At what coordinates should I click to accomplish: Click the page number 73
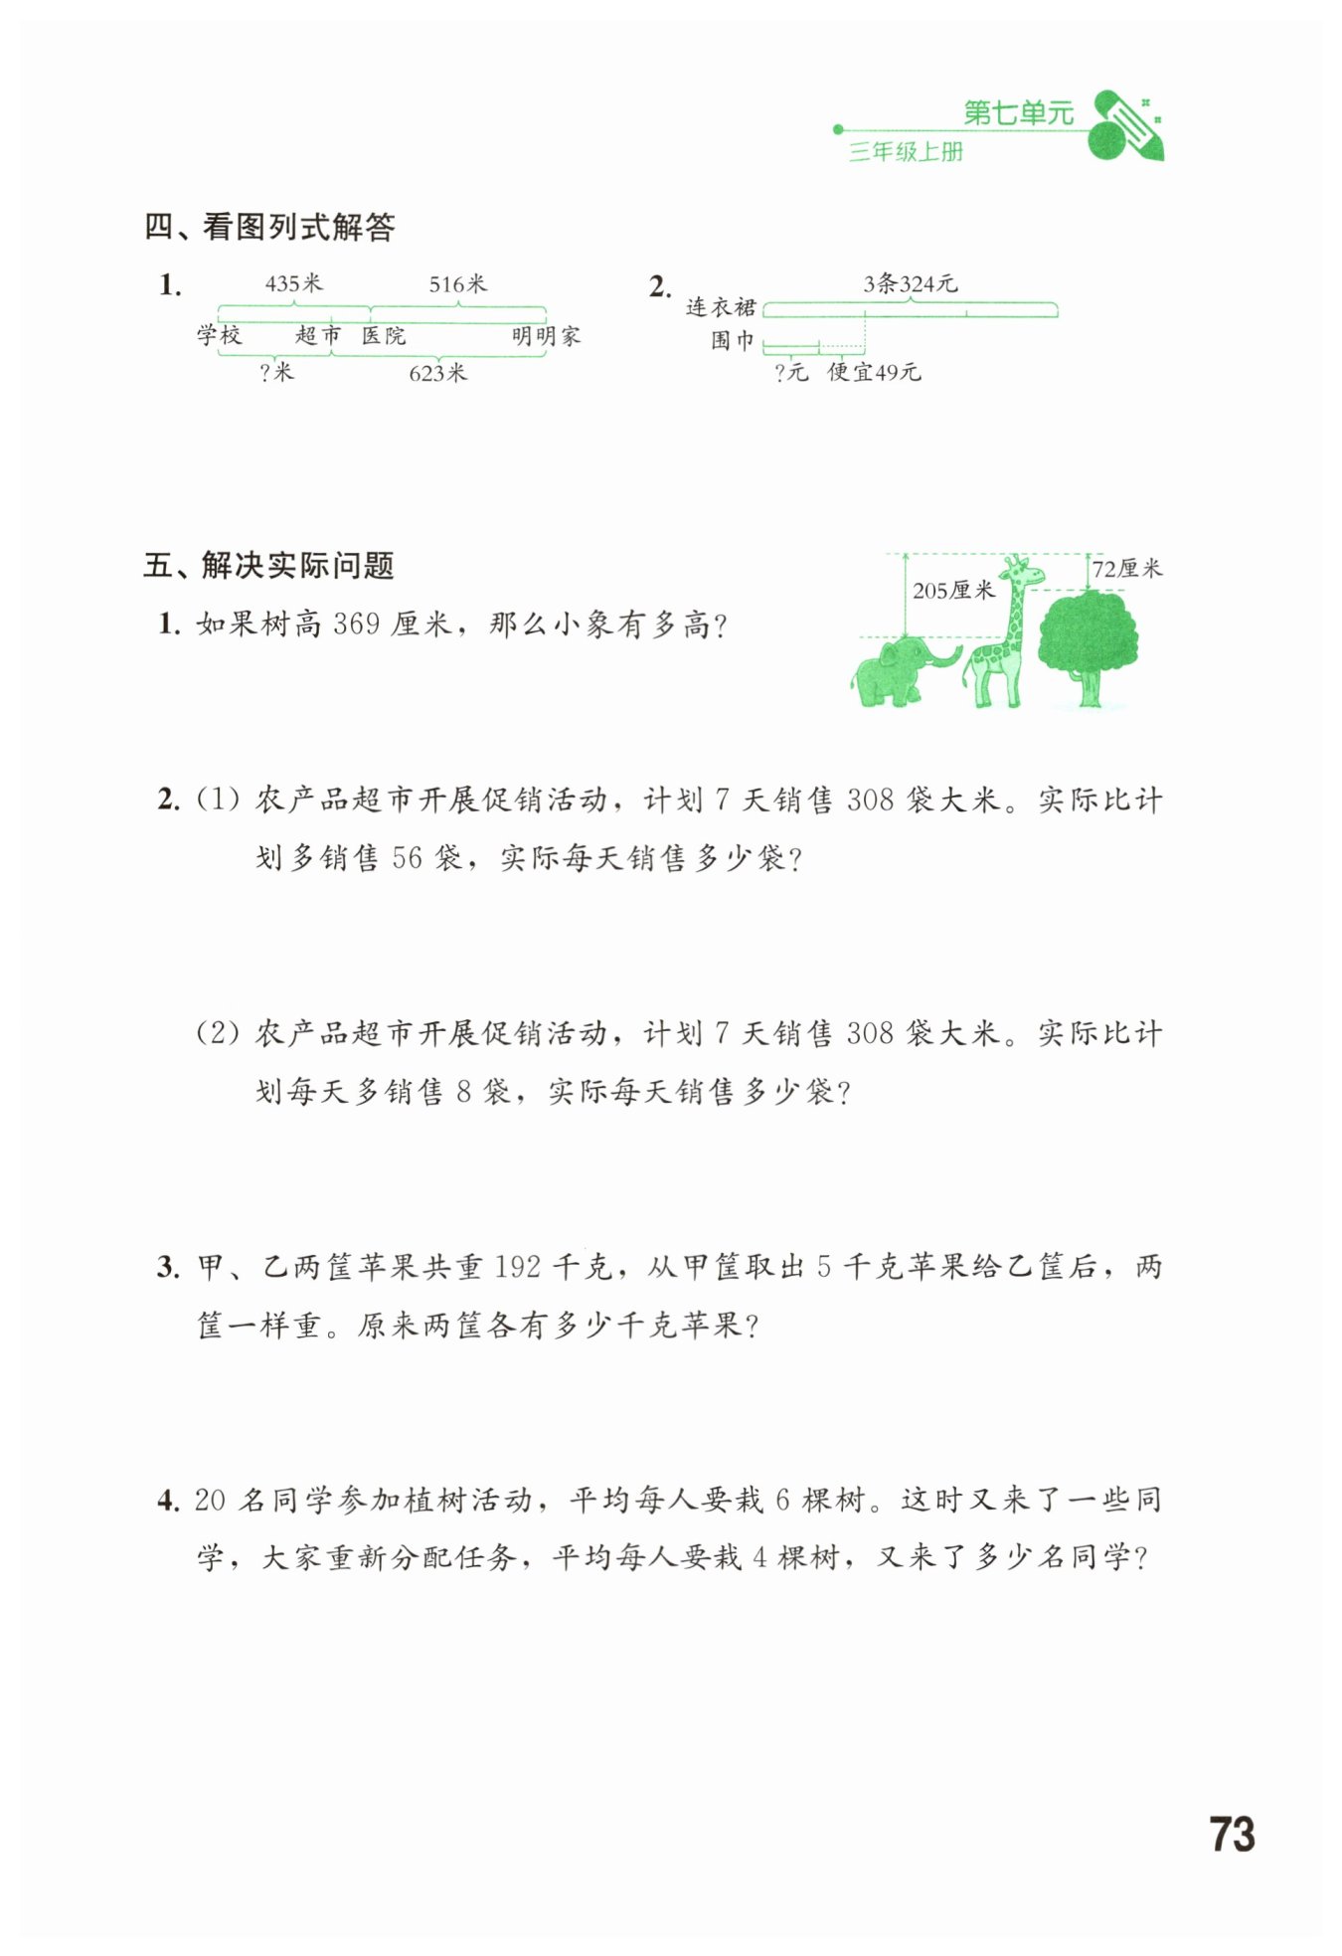coord(1232,1834)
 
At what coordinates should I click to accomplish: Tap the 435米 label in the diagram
coord(293,283)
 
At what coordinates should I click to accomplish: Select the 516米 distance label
coord(457,283)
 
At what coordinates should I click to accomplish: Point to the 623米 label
coord(437,373)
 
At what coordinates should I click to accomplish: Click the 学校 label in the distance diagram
coord(219,335)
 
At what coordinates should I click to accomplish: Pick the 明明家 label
coord(546,336)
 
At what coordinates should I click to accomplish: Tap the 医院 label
coord(384,336)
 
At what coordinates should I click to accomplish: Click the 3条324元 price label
coord(910,283)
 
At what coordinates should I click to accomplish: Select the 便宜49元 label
coord(874,372)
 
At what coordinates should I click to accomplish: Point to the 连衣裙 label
coord(721,307)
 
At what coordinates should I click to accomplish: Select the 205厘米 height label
coord(953,590)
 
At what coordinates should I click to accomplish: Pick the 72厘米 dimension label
coord(1126,569)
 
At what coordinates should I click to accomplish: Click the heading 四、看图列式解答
coord(269,227)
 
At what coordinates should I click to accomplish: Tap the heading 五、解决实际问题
coord(269,565)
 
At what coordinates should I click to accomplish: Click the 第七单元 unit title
coord(1018,113)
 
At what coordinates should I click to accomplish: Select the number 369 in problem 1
coord(356,624)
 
